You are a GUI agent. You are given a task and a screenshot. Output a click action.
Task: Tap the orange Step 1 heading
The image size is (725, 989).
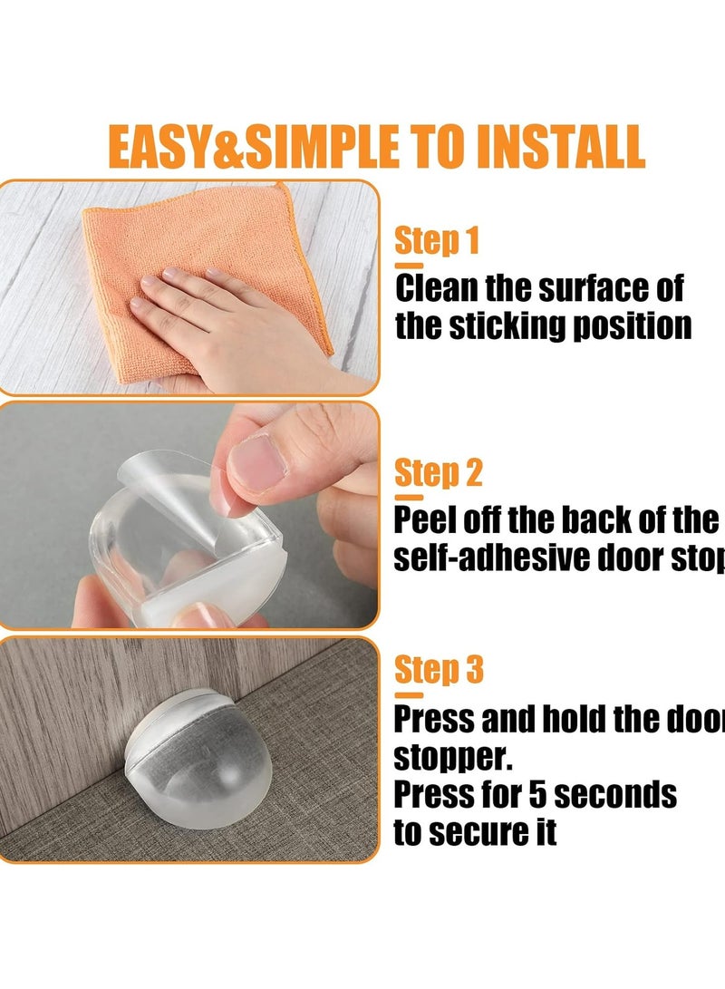click(437, 242)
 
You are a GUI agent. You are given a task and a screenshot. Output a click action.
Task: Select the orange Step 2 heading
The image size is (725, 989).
click(439, 473)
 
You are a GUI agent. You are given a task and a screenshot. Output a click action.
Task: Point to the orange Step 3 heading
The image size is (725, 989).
click(440, 670)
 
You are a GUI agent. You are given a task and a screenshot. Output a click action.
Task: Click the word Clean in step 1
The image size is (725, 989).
click(438, 289)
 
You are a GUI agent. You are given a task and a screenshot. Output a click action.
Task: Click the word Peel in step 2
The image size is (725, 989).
click(424, 520)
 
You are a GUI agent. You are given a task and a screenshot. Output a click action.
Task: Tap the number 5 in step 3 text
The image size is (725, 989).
click(537, 795)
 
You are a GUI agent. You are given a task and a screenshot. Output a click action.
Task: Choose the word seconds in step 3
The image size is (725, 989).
click(617, 795)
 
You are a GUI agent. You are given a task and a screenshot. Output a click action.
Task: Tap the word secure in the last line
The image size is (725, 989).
click(478, 832)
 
